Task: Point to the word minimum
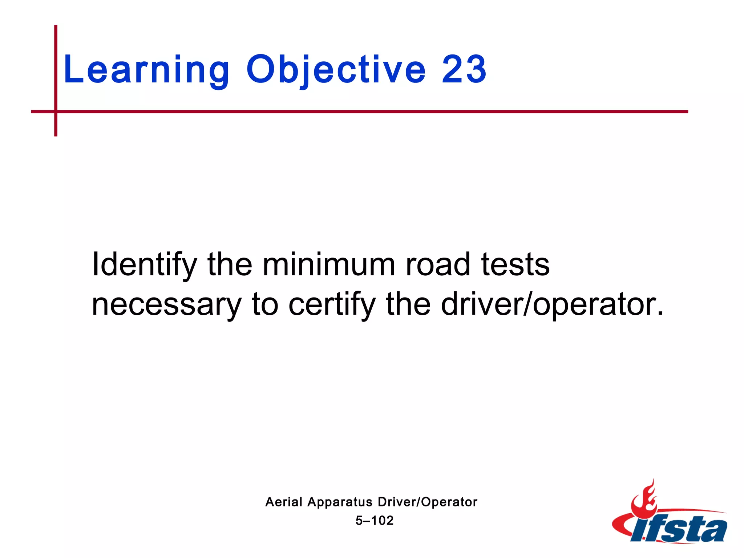point(328,264)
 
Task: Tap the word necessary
point(166,304)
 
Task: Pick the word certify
point(332,304)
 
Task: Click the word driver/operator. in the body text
point(552,304)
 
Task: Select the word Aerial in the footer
point(284,502)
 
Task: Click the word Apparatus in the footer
point(340,502)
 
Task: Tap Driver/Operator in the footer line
point(428,502)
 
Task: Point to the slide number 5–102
point(375,521)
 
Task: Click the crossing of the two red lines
point(56,112)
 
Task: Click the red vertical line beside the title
point(56,65)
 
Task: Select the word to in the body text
point(265,304)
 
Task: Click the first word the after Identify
point(230,264)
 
